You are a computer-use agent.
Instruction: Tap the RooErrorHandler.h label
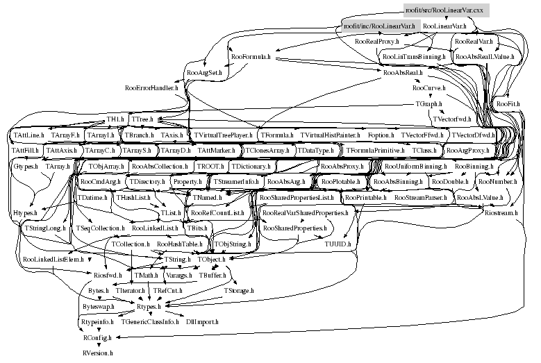coord(151,88)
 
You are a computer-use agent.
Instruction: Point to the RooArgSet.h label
coord(204,72)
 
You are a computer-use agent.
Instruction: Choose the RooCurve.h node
coord(428,88)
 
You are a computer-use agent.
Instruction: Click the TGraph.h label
coord(428,103)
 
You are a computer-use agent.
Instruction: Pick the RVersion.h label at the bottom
coord(99,352)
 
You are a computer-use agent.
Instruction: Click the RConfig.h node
coord(97,337)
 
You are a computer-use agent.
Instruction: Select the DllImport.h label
coord(202,322)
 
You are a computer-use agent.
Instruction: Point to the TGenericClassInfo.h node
coord(149,322)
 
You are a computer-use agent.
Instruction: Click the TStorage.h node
coord(238,291)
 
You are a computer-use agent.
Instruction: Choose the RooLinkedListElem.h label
coord(53,260)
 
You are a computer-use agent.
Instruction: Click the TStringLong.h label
coord(44,228)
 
